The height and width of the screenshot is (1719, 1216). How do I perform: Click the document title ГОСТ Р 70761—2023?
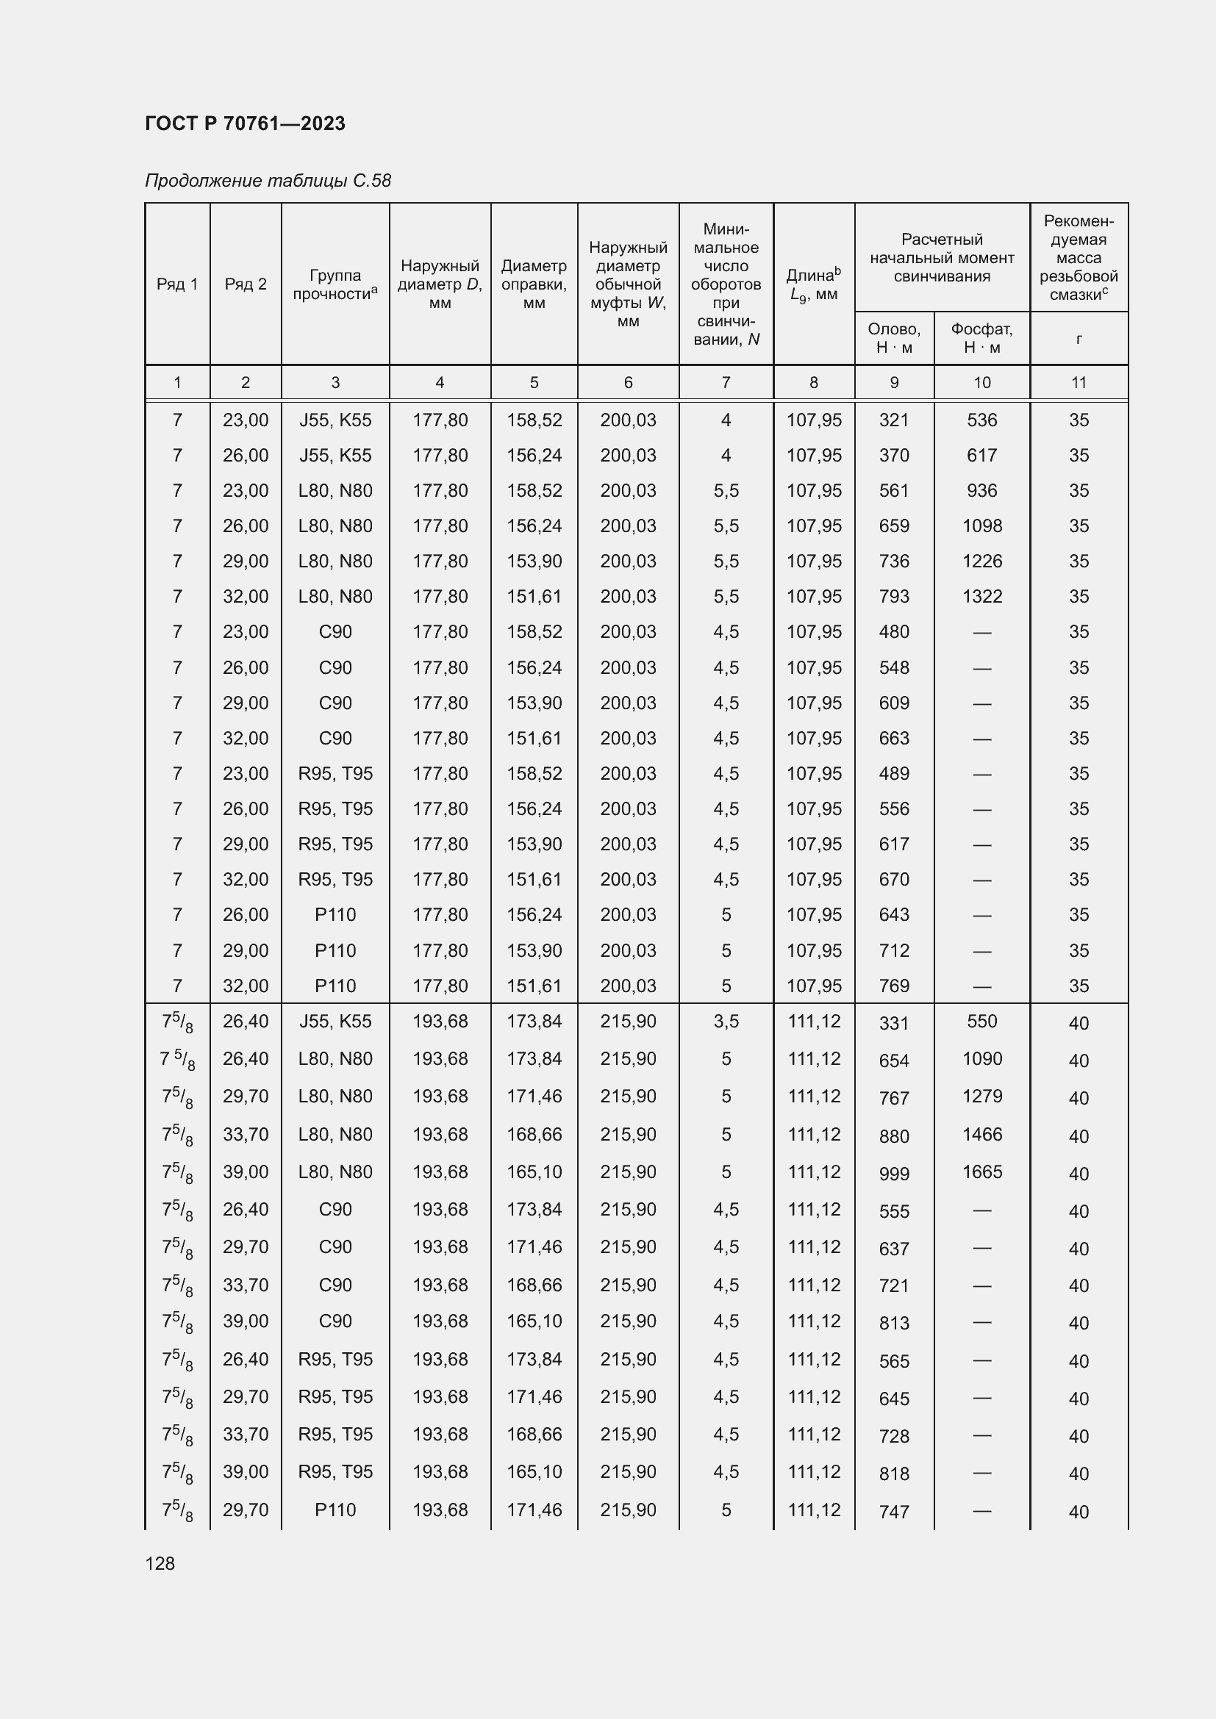click(245, 123)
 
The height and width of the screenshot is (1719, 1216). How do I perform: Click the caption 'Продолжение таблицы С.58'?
click(268, 181)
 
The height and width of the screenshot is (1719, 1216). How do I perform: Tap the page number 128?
click(160, 1563)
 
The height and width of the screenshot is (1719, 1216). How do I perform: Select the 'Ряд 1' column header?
click(177, 284)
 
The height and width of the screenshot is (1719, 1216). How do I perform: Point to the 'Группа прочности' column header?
click(335, 284)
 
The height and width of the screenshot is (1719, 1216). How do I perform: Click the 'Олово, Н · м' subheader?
click(894, 338)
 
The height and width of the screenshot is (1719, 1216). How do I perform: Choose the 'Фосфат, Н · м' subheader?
click(981, 338)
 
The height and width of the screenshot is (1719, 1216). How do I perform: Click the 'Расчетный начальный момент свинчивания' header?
click(942, 257)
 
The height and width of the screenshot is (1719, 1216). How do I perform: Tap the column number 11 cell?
click(1079, 383)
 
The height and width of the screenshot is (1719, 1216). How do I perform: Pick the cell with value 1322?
click(981, 597)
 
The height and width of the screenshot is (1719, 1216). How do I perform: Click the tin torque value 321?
click(894, 420)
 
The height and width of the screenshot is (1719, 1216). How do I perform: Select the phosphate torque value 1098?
click(981, 525)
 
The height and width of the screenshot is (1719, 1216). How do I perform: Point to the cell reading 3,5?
click(726, 1022)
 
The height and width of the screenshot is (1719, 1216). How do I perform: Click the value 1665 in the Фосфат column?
click(981, 1171)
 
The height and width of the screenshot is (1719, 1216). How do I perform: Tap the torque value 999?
click(894, 1174)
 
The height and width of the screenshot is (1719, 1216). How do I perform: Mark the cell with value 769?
click(894, 986)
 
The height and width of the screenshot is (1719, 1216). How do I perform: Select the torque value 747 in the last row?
click(894, 1512)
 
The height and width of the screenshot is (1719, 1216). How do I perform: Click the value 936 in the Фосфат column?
click(981, 490)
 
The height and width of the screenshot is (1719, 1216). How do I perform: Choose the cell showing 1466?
click(981, 1134)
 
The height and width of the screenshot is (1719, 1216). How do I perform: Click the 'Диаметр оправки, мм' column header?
click(534, 284)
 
